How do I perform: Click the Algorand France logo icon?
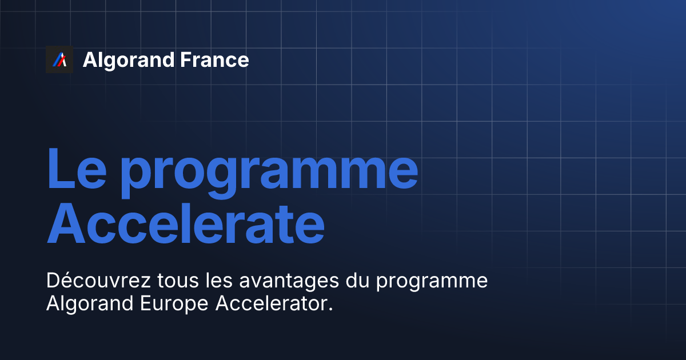(59, 59)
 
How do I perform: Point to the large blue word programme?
(269, 171)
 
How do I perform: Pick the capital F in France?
(186, 60)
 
